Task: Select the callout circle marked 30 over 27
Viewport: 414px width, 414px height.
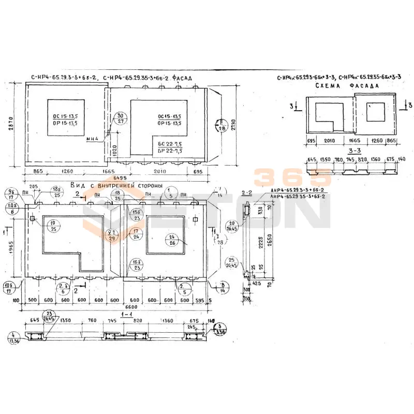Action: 121,118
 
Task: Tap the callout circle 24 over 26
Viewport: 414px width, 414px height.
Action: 172,239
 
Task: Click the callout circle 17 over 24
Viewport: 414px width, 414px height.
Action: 135,233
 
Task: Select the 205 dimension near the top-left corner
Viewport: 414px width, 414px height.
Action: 34,187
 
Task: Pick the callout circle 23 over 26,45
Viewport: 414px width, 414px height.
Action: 50,317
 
